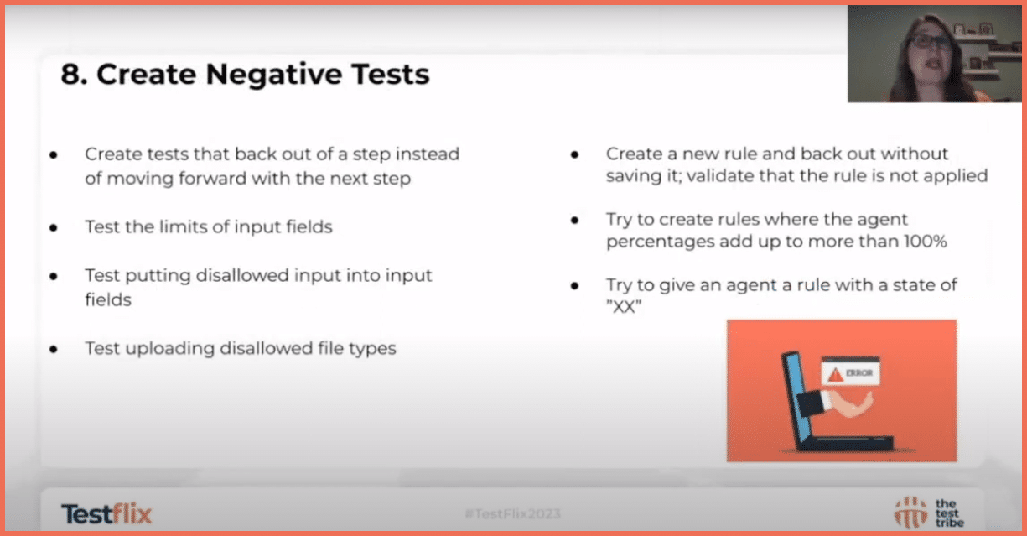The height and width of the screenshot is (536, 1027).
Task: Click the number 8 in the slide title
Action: click(x=70, y=75)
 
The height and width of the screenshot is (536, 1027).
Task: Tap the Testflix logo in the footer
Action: click(x=106, y=513)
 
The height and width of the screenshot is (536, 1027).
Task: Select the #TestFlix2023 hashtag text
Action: click(x=513, y=513)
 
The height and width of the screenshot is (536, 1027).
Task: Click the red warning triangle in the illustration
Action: click(x=834, y=373)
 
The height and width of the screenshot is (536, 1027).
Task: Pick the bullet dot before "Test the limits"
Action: click(x=54, y=228)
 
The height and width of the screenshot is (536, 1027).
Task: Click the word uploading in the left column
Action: click(x=168, y=348)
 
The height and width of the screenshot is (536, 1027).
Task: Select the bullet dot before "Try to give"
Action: click(x=575, y=286)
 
